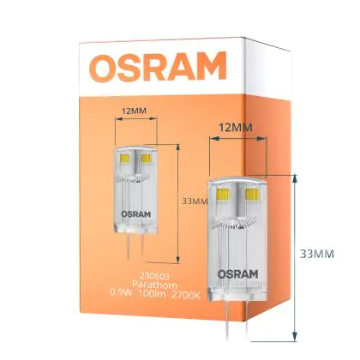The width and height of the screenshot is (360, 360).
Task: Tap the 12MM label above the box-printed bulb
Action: (135, 111)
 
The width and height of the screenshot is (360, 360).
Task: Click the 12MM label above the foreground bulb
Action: (236, 128)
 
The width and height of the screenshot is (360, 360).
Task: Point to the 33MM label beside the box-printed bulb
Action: (195, 201)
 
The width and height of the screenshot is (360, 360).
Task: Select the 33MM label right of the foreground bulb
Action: (317, 254)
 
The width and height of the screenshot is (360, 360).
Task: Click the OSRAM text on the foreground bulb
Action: (237, 274)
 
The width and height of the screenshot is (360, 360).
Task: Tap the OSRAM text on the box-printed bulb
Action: (136, 214)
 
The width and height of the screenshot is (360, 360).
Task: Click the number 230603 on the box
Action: (154, 276)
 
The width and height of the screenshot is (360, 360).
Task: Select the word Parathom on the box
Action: (154, 285)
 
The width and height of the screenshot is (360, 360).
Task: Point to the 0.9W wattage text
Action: (121, 293)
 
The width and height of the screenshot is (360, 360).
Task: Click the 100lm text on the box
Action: (152, 293)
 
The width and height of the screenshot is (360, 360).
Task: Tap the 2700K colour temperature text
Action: (186, 295)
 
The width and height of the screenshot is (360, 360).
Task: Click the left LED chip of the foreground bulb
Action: (223, 195)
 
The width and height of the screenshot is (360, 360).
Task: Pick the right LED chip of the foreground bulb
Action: (253, 195)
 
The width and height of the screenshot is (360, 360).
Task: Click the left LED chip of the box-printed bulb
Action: (125, 158)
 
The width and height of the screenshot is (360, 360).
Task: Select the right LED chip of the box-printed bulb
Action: (146, 158)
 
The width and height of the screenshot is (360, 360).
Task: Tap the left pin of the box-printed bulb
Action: (129, 246)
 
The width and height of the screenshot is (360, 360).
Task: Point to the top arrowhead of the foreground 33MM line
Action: (296, 179)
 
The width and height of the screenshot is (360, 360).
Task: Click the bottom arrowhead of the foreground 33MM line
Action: (296, 336)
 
